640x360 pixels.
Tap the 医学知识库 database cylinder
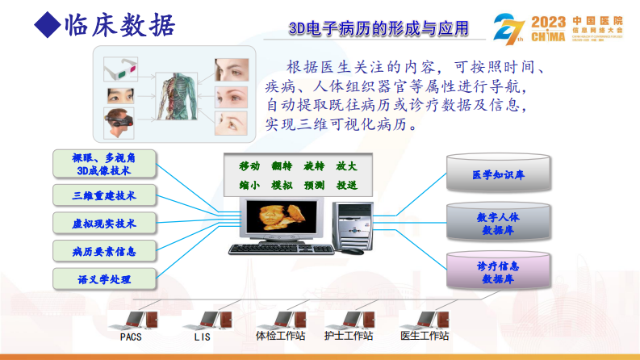[498, 174]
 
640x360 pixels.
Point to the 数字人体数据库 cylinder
[498, 223]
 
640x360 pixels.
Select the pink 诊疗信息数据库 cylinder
[498, 271]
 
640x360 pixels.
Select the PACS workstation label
[131, 336]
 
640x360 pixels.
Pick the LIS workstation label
[202, 336]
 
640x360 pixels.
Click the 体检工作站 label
[280, 336]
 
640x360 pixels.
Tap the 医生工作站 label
[425, 336]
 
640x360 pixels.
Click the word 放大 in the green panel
[345, 165]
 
